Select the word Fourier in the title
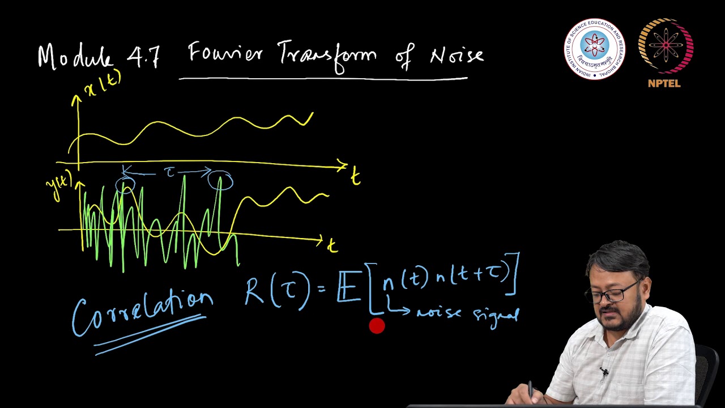tap(225, 54)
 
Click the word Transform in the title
tap(327, 56)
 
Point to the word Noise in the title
tap(457, 56)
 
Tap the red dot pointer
tap(377, 326)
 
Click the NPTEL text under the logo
tap(664, 84)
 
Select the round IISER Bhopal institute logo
tap(594, 48)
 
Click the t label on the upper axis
tap(355, 177)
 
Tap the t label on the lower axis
tap(332, 245)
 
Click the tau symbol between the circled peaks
tap(170, 173)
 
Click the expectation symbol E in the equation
tap(348, 289)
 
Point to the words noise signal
tap(467, 313)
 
